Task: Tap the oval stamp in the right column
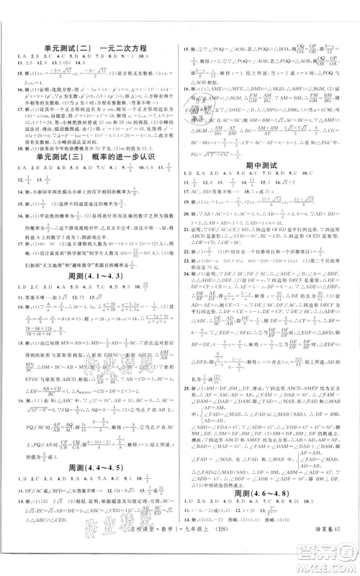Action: click(210, 105)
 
